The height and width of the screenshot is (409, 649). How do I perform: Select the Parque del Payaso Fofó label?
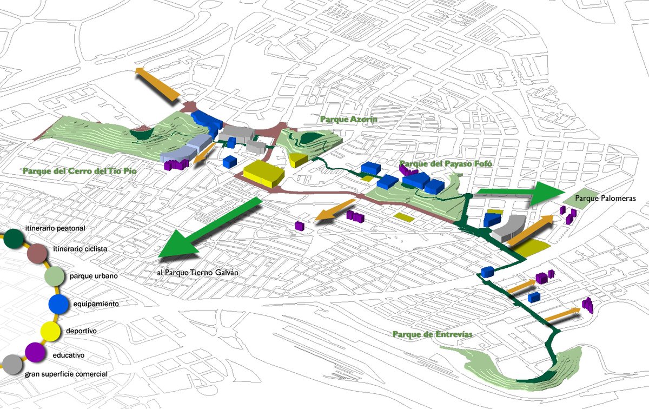[439, 164]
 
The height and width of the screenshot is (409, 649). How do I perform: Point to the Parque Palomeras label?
[605, 199]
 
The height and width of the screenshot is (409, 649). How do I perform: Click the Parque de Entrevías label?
[433, 334]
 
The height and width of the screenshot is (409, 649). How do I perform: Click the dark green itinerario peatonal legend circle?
[14, 238]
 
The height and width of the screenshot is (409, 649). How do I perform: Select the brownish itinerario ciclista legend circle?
[37, 253]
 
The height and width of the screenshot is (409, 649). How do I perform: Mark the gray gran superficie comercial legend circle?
[11, 364]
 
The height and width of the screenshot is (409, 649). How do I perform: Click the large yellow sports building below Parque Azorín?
[263, 173]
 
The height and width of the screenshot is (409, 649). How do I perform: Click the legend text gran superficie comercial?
[66, 374]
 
